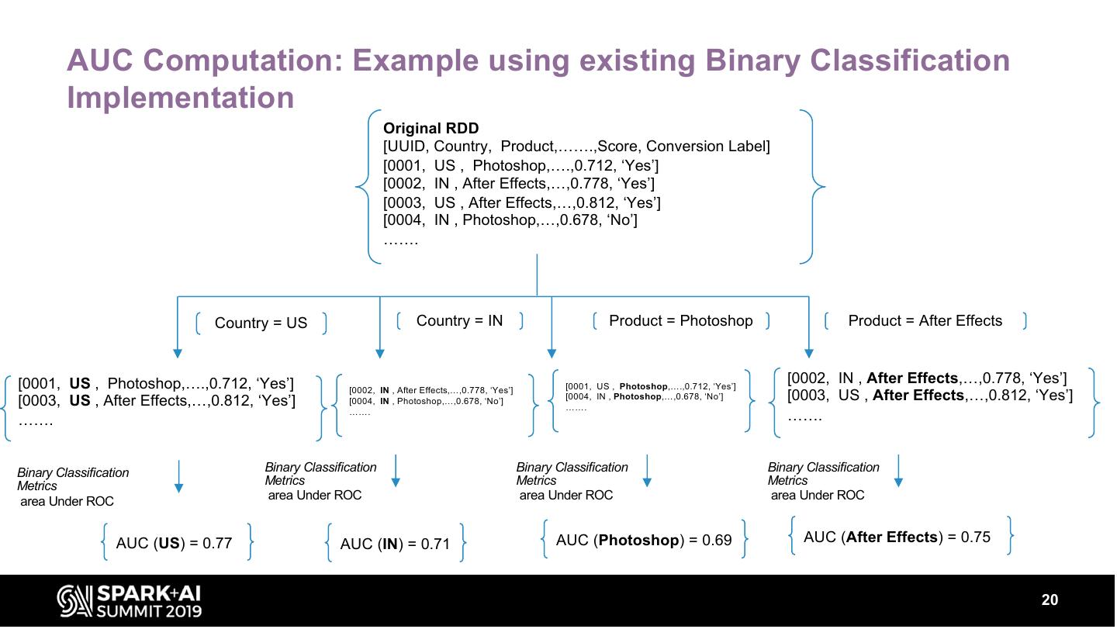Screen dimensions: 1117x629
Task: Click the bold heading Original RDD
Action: coord(431,129)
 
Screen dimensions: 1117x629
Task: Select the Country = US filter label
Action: coord(261,323)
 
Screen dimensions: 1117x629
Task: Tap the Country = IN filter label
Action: coord(459,320)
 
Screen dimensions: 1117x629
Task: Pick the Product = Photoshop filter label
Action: coord(680,320)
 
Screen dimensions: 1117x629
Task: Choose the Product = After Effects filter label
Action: coord(925,320)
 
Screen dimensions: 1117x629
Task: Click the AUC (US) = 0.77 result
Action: coord(174,543)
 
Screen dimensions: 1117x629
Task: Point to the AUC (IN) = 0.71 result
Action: coord(395,544)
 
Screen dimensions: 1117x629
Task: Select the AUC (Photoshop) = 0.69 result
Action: coord(644,540)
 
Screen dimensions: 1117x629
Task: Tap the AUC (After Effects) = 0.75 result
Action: coord(897,537)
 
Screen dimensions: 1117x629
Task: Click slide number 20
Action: coord(1049,600)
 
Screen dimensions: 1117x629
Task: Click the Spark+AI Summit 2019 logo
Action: coord(129,601)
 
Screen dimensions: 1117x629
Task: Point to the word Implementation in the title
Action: coord(180,98)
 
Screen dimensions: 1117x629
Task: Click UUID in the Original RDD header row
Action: coord(406,147)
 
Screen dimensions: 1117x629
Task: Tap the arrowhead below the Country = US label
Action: coord(178,353)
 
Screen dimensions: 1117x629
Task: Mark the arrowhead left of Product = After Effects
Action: coord(808,353)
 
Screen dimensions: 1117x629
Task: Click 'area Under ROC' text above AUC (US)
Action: coord(67,501)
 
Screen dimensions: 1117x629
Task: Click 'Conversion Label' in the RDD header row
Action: coord(706,147)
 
